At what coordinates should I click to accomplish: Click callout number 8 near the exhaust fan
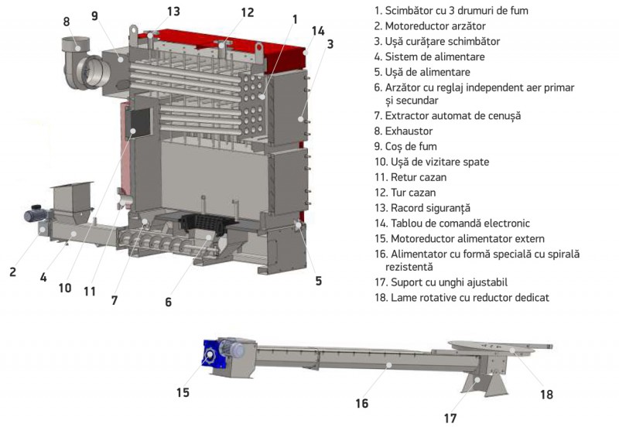pos(66,22)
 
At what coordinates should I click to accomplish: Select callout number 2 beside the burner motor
pos(12,272)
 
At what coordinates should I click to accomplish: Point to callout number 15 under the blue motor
pos(183,392)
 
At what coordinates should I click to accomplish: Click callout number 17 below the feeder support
pos(450,418)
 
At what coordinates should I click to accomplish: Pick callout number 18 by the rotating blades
pos(547,394)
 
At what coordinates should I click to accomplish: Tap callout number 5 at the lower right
pos(318,282)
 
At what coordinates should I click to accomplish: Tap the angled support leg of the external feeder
pos(482,382)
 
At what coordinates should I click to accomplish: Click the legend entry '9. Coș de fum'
pos(409,146)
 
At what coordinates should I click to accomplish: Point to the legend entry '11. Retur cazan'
pos(412,176)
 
